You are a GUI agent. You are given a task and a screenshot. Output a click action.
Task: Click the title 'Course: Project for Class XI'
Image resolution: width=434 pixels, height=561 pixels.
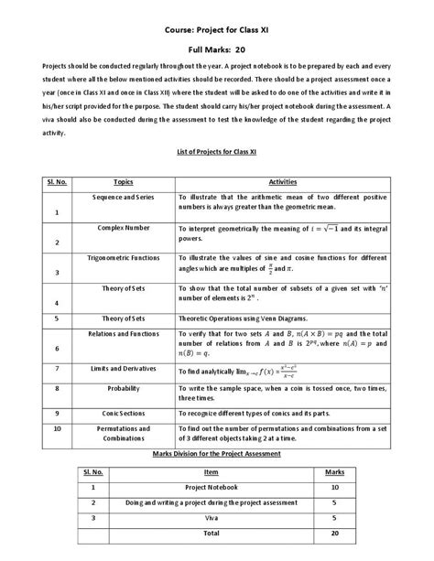click(216, 30)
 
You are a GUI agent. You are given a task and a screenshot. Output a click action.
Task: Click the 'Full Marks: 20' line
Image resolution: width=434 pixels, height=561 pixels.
click(217, 51)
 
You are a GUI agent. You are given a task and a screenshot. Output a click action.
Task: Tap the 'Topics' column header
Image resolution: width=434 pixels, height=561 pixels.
click(123, 181)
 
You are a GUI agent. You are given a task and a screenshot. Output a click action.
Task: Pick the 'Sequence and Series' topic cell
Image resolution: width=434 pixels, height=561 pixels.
click(123, 197)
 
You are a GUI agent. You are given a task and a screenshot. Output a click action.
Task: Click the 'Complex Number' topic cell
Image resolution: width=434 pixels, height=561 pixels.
click(123, 226)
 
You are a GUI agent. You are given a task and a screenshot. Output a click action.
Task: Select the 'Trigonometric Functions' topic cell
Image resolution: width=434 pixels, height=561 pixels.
click(123, 257)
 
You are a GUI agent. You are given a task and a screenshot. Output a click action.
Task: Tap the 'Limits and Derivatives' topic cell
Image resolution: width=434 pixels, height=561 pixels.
click(123, 367)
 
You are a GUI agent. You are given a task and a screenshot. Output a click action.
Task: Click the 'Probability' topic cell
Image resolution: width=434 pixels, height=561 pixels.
click(123, 387)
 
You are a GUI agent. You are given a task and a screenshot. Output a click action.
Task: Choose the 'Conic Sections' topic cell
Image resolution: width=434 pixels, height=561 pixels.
click(123, 413)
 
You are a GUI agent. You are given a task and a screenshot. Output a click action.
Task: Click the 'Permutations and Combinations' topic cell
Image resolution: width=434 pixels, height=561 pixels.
click(123, 432)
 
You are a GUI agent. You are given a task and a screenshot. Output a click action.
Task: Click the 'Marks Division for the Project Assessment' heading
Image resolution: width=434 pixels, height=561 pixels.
click(216, 453)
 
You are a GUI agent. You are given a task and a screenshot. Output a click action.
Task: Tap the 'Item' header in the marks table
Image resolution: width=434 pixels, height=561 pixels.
click(211, 472)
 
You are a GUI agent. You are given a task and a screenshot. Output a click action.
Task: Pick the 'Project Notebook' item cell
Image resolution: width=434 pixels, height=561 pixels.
click(211, 488)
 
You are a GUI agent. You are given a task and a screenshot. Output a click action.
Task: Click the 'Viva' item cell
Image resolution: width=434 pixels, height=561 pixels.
click(211, 517)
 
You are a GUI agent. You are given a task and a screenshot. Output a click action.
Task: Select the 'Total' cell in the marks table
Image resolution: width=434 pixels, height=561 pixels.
click(211, 532)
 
